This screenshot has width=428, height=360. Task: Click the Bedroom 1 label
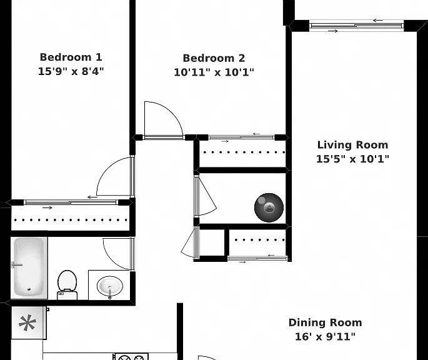pyautogui.click(x=71, y=57)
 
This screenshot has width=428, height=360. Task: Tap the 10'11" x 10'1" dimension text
pyautogui.click(x=214, y=72)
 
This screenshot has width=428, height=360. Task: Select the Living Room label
pyautogui.click(x=352, y=145)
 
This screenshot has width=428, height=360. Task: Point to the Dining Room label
pyautogui.click(x=326, y=322)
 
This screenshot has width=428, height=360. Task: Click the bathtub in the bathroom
pyautogui.click(x=29, y=267)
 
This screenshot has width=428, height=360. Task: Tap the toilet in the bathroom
pyautogui.click(x=67, y=285)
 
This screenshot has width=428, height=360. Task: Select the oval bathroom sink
pyautogui.click(x=110, y=287)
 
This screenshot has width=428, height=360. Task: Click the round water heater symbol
pyautogui.click(x=269, y=207)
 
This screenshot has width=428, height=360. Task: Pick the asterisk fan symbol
pyautogui.click(x=27, y=323)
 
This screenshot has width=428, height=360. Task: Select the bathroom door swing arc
pyautogui.click(x=111, y=259)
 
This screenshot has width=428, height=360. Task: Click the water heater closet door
pyautogui.click(x=207, y=197)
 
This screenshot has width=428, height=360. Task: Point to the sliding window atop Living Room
pyautogui.click(x=357, y=26)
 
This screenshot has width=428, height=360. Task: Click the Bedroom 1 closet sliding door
pyautogui.click(x=71, y=202)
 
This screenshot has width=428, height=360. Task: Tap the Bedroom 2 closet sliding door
pyautogui.click(x=241, y=137)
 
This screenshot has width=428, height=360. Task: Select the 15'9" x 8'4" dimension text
pyautogui.click(x=71, y=72)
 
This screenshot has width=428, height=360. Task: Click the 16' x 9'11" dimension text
pyautogui.click(x=326, y=336)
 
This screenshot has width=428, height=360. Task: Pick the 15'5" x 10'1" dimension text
pyautogui.click(x=352, y=159)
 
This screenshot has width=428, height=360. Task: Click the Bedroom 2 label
pyautogui.click(x=214, y=58)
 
